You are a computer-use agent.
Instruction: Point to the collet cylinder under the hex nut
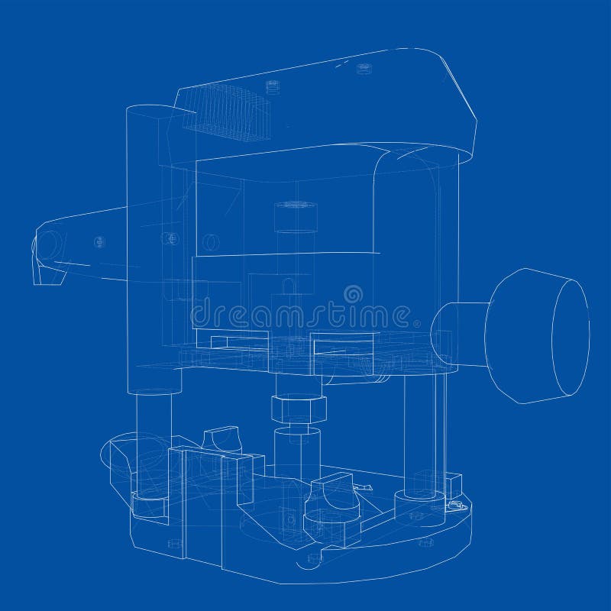(x=296, y=451)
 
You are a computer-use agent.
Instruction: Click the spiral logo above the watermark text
(x=353, y=293)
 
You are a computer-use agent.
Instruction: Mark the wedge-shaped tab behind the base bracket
(x=220, y=440)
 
